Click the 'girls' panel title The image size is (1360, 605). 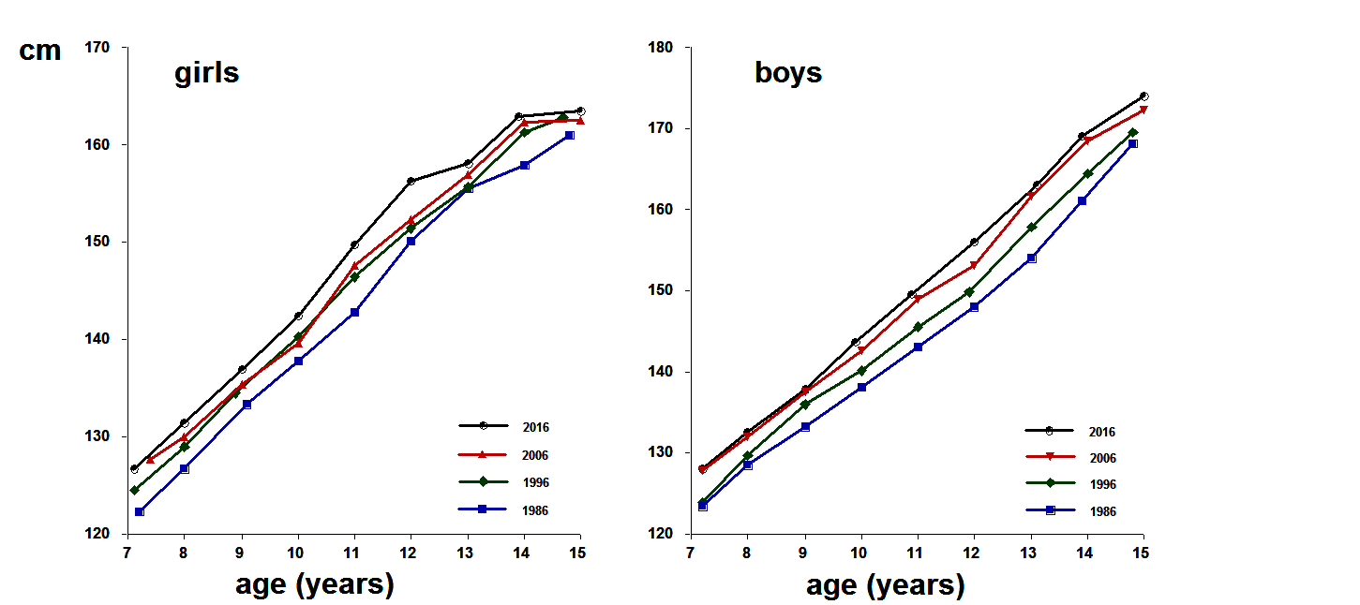206,73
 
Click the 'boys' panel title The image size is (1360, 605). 788,73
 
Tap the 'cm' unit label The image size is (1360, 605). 40,51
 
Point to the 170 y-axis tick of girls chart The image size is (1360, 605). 97,47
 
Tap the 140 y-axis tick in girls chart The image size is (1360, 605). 97,339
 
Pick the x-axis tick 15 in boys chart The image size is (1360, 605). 1141,552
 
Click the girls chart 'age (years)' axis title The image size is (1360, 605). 314,584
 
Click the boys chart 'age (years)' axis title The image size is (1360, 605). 885,586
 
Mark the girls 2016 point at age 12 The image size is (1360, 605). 411,181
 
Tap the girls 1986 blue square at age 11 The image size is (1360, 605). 354,313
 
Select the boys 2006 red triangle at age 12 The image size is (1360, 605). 974,266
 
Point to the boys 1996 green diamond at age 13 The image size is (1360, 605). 1032,228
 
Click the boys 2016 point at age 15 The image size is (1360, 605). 1144,96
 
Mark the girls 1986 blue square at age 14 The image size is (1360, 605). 524,165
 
